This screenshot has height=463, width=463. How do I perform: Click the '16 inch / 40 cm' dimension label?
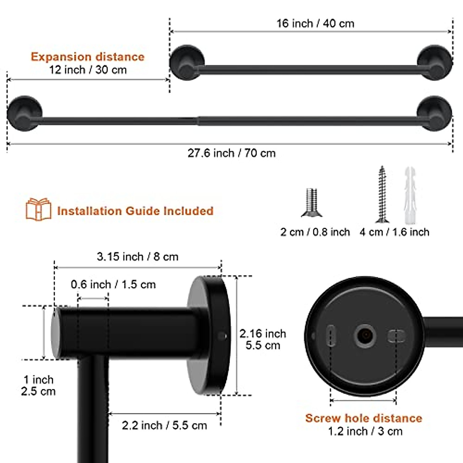[315, 24]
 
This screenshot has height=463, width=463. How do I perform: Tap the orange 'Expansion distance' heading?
[88, 57]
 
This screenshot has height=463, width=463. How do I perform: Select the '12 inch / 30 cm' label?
[88, 70]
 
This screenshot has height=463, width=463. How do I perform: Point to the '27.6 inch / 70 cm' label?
[231, 153]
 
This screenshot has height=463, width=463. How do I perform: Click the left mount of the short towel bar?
[186, 63]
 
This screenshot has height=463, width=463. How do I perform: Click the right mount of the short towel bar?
[435, 63]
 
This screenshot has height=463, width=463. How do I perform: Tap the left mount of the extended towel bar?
[24, 113]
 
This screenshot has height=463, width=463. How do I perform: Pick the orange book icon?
[38, 209]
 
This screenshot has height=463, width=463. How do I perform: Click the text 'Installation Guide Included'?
[135, 211]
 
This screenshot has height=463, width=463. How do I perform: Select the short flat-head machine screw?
[311, 202]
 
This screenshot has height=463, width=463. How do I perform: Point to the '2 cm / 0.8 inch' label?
[315, 232]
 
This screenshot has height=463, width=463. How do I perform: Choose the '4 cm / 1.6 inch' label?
[394, 232]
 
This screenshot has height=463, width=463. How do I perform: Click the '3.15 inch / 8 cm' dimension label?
[137, 257]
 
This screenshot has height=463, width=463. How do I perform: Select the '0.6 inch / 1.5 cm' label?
[113, 285]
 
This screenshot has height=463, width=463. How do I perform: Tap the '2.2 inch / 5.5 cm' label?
[164, 425]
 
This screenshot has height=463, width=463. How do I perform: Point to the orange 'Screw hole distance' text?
[363, 418]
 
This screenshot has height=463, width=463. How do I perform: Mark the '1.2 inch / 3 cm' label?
[365, 431]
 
